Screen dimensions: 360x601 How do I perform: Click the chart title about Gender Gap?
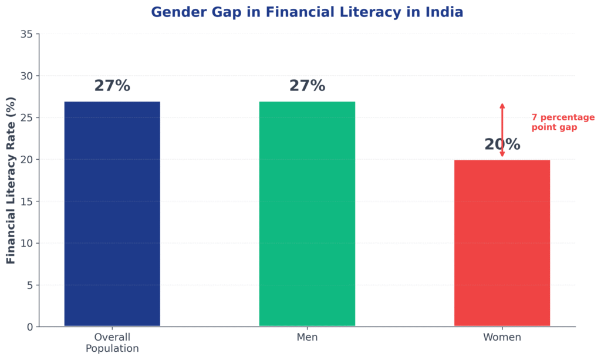click(307, 12)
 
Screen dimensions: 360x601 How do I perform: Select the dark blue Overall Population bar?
click(112, 214)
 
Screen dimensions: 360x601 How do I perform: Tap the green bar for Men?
click(307, 214)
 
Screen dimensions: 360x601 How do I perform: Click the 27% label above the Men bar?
click(307, 86)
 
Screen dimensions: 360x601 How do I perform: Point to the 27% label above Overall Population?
click(112, 86)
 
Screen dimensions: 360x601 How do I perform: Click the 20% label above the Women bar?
click(502, 144)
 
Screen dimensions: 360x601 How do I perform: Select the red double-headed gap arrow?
click(502, 130)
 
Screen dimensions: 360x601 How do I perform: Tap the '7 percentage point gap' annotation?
click(562, 122)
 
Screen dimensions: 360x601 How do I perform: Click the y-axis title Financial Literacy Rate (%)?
click(11, 181)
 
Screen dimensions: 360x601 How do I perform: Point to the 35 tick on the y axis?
click(26, 34)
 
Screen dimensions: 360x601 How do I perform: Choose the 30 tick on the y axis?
click(26, 76)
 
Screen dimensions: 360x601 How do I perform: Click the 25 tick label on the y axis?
click(26, 117)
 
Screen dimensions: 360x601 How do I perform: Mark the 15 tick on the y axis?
click(26, 201)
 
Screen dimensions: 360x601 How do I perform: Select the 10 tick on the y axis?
click(26, 243)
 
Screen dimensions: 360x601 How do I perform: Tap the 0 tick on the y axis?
click(29, 327)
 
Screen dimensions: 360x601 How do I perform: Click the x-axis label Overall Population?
click(112, 343)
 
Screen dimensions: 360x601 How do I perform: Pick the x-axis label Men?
click(307, 338)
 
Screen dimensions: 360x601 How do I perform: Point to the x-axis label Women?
click(502, 338)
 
